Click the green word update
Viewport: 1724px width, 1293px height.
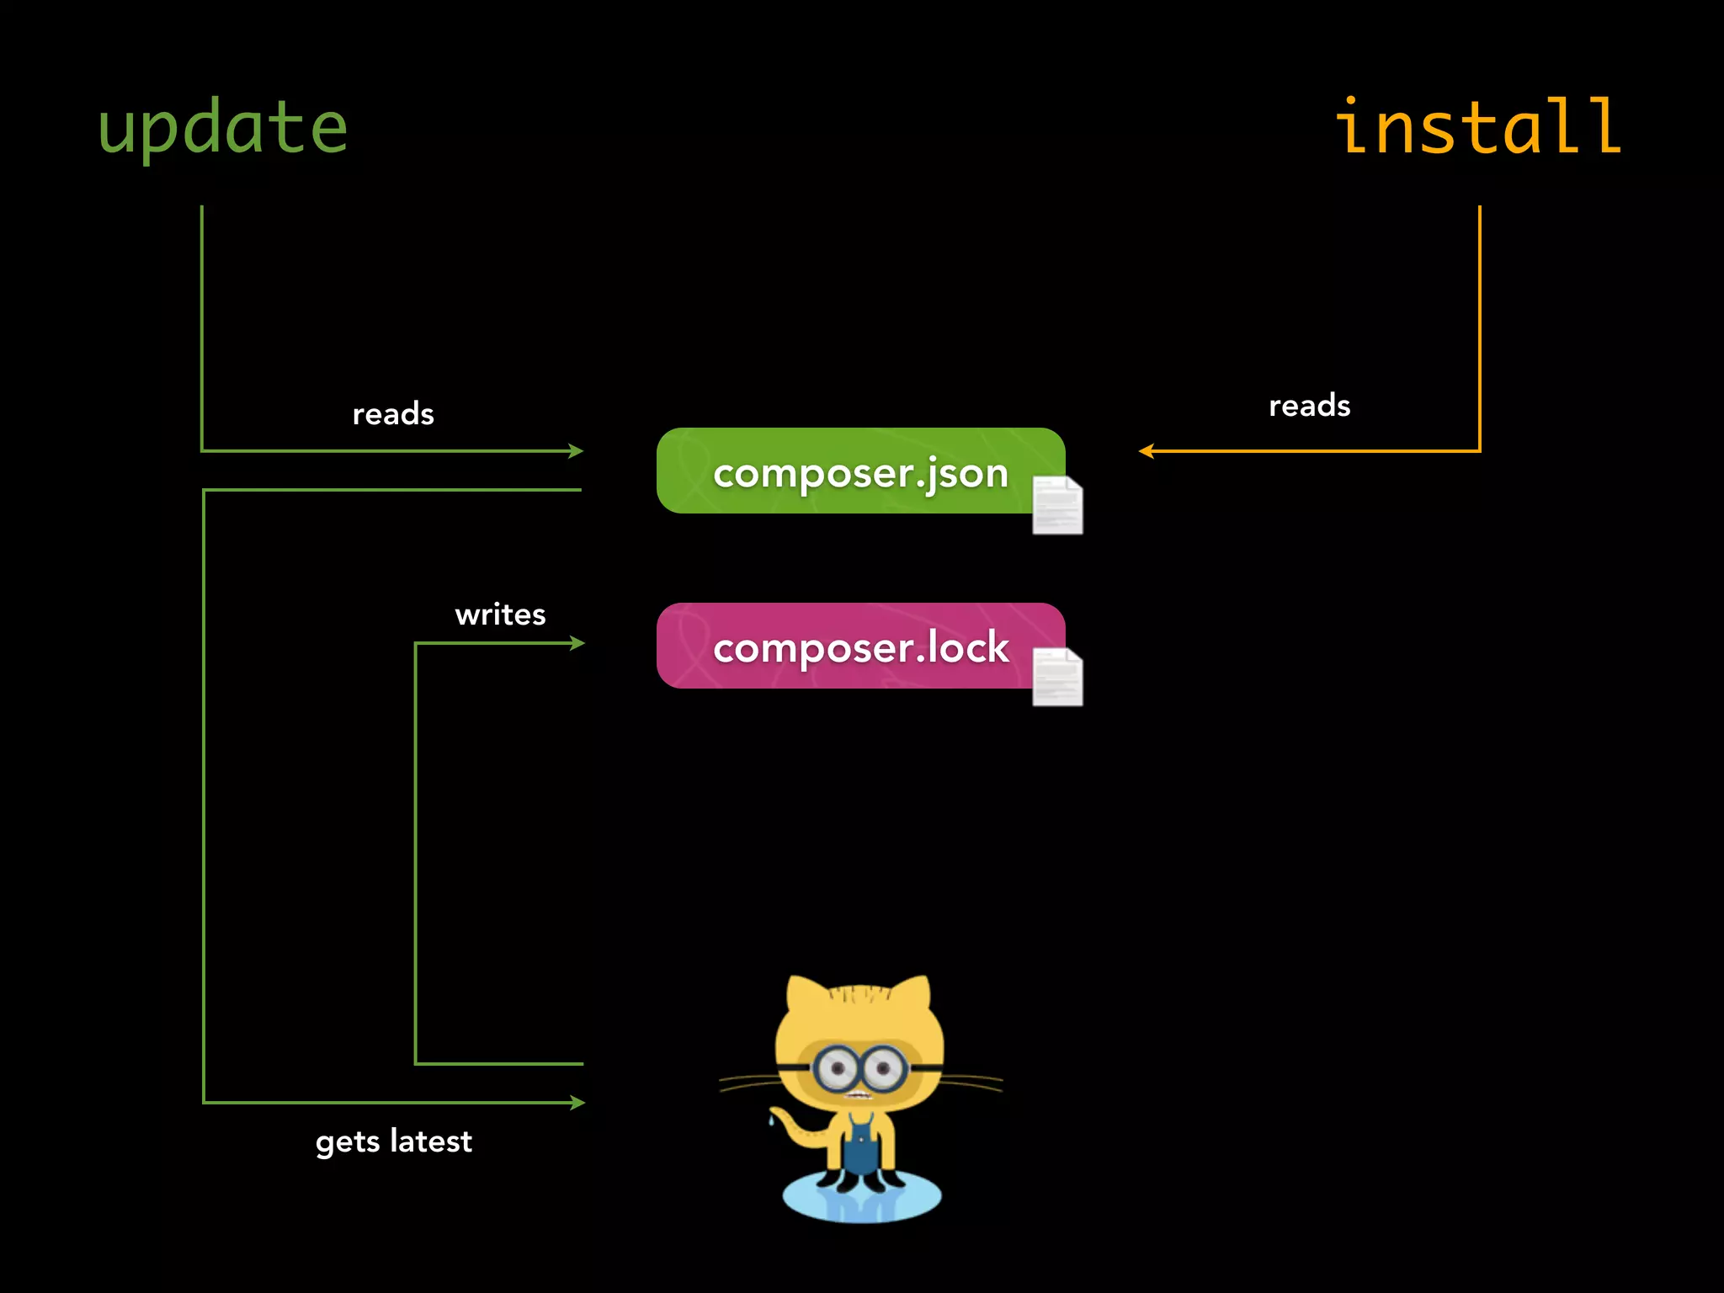point(223,128)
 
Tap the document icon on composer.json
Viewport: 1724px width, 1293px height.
point(1057,505)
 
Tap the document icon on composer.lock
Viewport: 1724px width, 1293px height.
point(1057,677)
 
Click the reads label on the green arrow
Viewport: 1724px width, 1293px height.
point(393,414)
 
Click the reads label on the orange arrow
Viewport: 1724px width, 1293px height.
point(1309,406)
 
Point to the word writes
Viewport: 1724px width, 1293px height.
point(500,615)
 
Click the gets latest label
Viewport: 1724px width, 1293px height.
point(394,1141)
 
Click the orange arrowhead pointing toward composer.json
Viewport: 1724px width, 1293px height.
point(1146,451)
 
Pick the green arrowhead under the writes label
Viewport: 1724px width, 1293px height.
point(577,643)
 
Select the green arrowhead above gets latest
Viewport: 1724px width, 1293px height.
point(577,1102)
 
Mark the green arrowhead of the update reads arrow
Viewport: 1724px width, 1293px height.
point(576,451)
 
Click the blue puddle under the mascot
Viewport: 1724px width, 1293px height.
point(861,1200)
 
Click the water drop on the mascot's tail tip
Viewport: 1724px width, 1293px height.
point(770,1120)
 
